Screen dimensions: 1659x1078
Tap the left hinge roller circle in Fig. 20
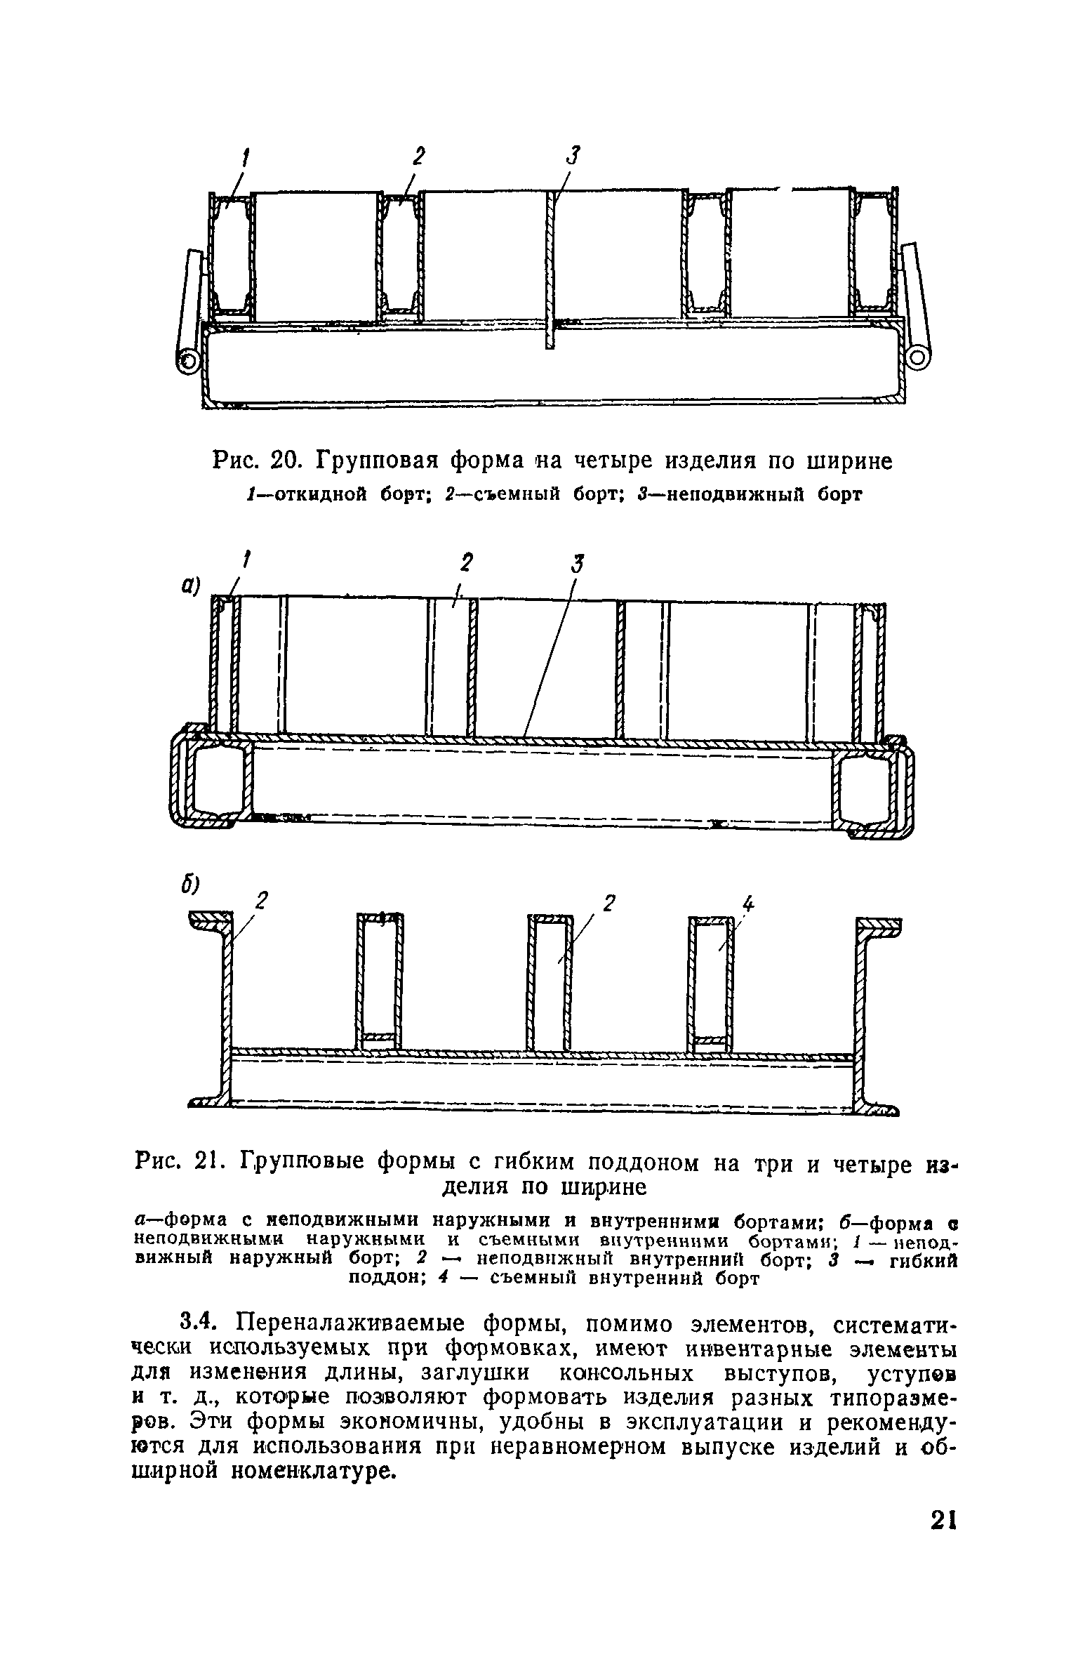pyautogui.click(x=187, y=362)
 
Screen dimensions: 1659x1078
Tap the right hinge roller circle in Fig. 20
pyautogui.click(x=917, y=359)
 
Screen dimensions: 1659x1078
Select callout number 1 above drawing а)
pyautogui.click(x=246, y=560)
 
